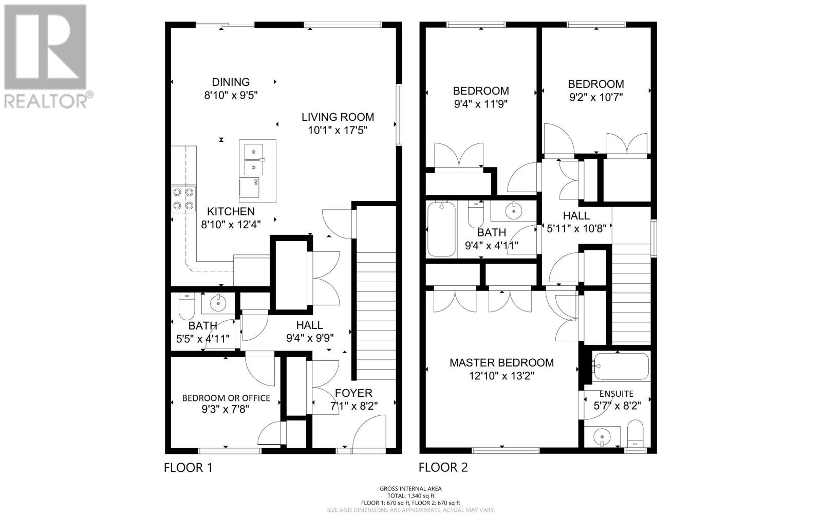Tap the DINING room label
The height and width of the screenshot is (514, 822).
[231, 82]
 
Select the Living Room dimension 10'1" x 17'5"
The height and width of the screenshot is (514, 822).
[338, 131]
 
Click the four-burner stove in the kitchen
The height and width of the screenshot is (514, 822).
[183, 199]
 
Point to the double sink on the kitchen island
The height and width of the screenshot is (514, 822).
[254, 159]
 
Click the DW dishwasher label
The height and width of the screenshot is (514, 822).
[255, 182]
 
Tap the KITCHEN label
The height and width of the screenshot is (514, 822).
[231, 211]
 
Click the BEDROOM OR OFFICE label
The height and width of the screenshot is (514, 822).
[226, 398]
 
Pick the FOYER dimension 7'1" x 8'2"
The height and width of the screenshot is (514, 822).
[354, 406]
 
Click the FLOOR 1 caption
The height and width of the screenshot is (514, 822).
[188, 468]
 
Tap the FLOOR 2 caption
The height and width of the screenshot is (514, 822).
[443, 467]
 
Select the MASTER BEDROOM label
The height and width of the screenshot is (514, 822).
[501, 363]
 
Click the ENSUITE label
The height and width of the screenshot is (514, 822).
[616, 394]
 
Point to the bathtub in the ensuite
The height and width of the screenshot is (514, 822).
[621, 366]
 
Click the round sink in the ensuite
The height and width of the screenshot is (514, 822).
[602, 437]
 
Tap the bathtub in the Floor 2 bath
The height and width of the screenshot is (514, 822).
[441, 229]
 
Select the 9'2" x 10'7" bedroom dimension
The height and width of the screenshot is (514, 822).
[596, 97]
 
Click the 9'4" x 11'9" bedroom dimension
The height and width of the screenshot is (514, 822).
[481, 104]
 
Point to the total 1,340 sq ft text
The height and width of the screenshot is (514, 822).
[410, 495]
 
